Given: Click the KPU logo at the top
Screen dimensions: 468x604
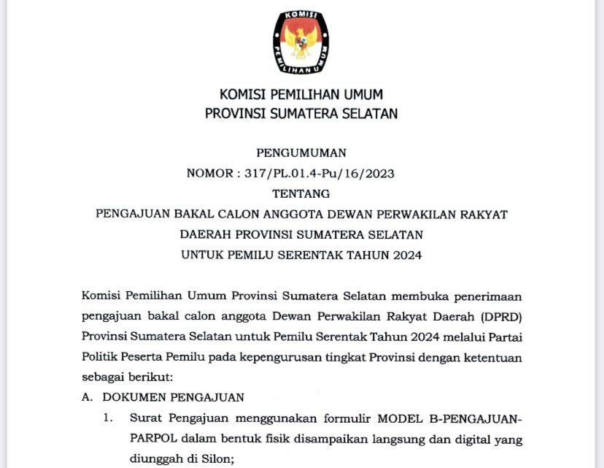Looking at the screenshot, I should [301, 42].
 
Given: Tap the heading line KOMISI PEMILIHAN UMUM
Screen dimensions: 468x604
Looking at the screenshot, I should [301, 95].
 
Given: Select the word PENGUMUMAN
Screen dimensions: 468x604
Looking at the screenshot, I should [301, 153].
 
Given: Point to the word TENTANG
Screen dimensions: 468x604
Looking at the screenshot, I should [301, 193].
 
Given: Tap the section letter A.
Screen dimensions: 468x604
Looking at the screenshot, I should [87, 398].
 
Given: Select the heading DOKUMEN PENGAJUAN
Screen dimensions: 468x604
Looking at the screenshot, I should [173, 398].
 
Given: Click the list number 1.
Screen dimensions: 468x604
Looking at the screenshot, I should [107, 418].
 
